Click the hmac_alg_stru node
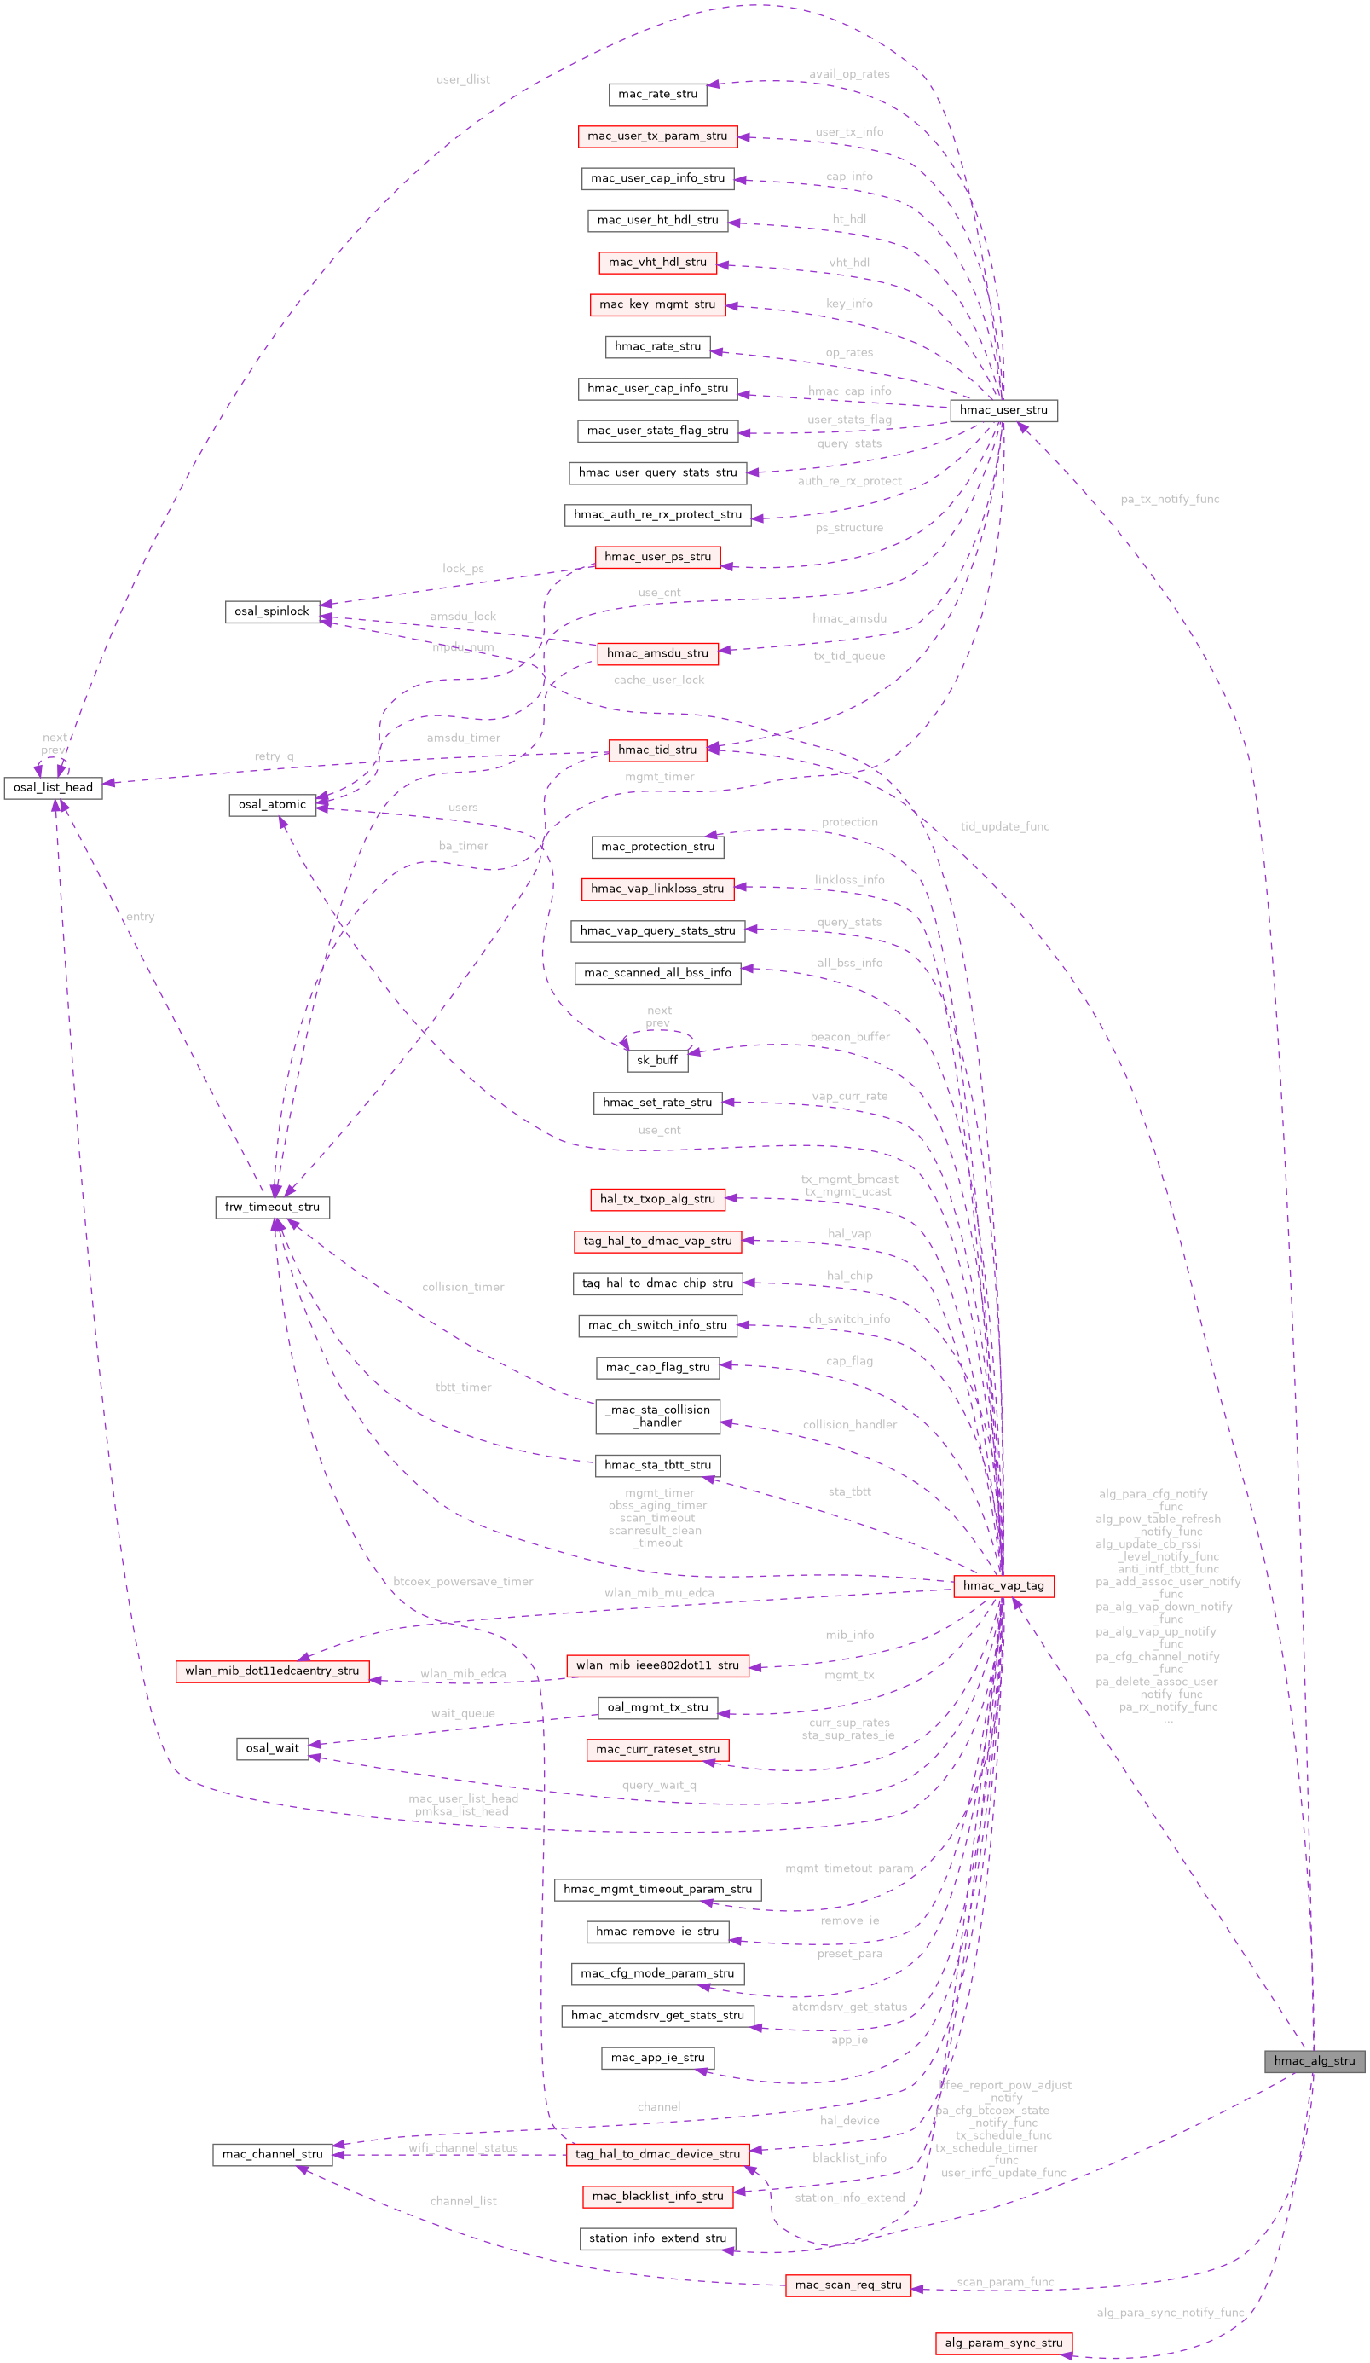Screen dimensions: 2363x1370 click(1314, 2060)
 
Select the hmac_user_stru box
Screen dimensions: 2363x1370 click(1003, 410)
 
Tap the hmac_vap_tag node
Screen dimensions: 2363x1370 click(1003, 1584)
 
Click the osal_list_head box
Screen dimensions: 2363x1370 click(54, 787)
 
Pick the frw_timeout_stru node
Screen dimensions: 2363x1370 click(272, 1206)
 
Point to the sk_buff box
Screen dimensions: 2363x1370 click(656, 1060)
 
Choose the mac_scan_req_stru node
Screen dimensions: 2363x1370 click(847, 2285)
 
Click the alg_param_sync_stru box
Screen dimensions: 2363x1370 click(1003, 2342)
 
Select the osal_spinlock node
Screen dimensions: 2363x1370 click(272, 611)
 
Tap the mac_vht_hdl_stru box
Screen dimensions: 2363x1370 click(657, 262)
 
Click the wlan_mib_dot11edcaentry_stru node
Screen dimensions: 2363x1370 click(272, 1670)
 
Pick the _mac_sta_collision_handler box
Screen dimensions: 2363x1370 click(657, 1415)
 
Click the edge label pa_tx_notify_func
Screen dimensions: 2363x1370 click(1170, 499)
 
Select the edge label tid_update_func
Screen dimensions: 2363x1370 click(1004, 826)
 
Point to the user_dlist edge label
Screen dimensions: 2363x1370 click(462, 78)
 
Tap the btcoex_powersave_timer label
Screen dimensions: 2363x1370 click(462, 1581)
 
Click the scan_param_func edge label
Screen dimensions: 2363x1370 click(1004, 2281)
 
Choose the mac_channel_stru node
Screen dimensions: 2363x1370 click(272, 2154)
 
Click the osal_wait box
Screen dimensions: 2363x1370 click(272, 1747)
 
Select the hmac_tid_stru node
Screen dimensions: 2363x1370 click(657, 750)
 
